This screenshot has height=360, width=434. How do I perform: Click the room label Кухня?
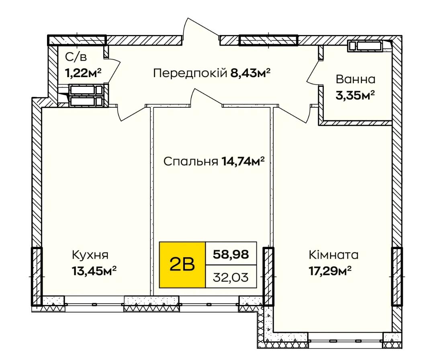pyautogui.click(x=90, y=255)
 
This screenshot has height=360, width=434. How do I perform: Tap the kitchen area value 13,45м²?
pyautogui.click(x=94, y=271)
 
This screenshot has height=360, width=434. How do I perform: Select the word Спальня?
pyautogui.click(x=191, y=162)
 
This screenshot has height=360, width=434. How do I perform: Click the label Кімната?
pyautogui.click(x=334, y=255)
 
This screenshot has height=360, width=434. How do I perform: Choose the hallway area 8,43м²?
pyautogui.click(x=250, y=74)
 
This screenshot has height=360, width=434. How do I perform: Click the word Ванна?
pyautogui.click(x=356, y=80)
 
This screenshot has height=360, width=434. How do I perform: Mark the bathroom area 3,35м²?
pyautogui.click(x=355, y=96)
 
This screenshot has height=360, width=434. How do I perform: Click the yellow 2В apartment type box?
pyautogui.click(x=182, y=265)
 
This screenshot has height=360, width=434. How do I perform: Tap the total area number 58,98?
pyautogui.click(x=231, y=254)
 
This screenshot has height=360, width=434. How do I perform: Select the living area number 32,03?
pyautogui.click(x=231, y=277)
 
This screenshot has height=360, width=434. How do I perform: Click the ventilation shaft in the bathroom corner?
pyautogui.click(x=365, y=46)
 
